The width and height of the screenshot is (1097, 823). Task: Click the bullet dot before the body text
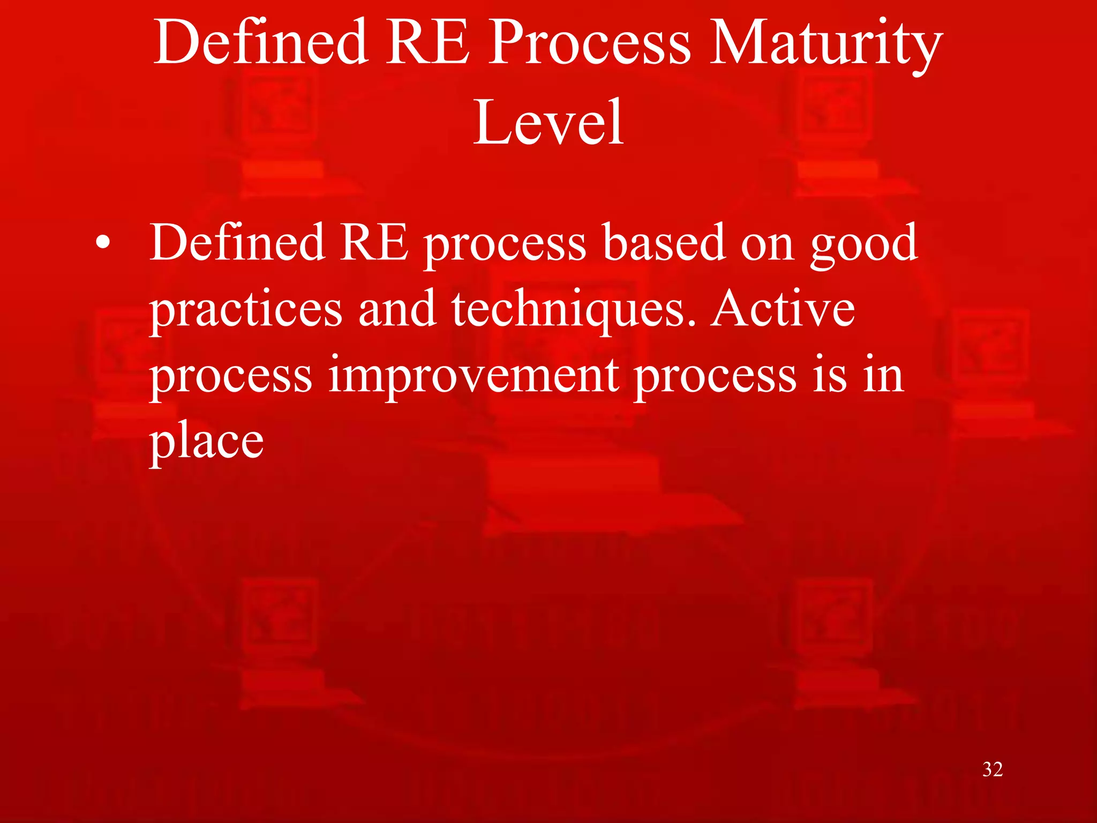103,244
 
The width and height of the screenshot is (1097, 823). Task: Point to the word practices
246,310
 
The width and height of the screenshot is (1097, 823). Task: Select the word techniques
575,310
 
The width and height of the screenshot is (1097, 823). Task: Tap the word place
207,443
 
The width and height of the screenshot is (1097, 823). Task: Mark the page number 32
992,769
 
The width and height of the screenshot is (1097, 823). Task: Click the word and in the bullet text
397,309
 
